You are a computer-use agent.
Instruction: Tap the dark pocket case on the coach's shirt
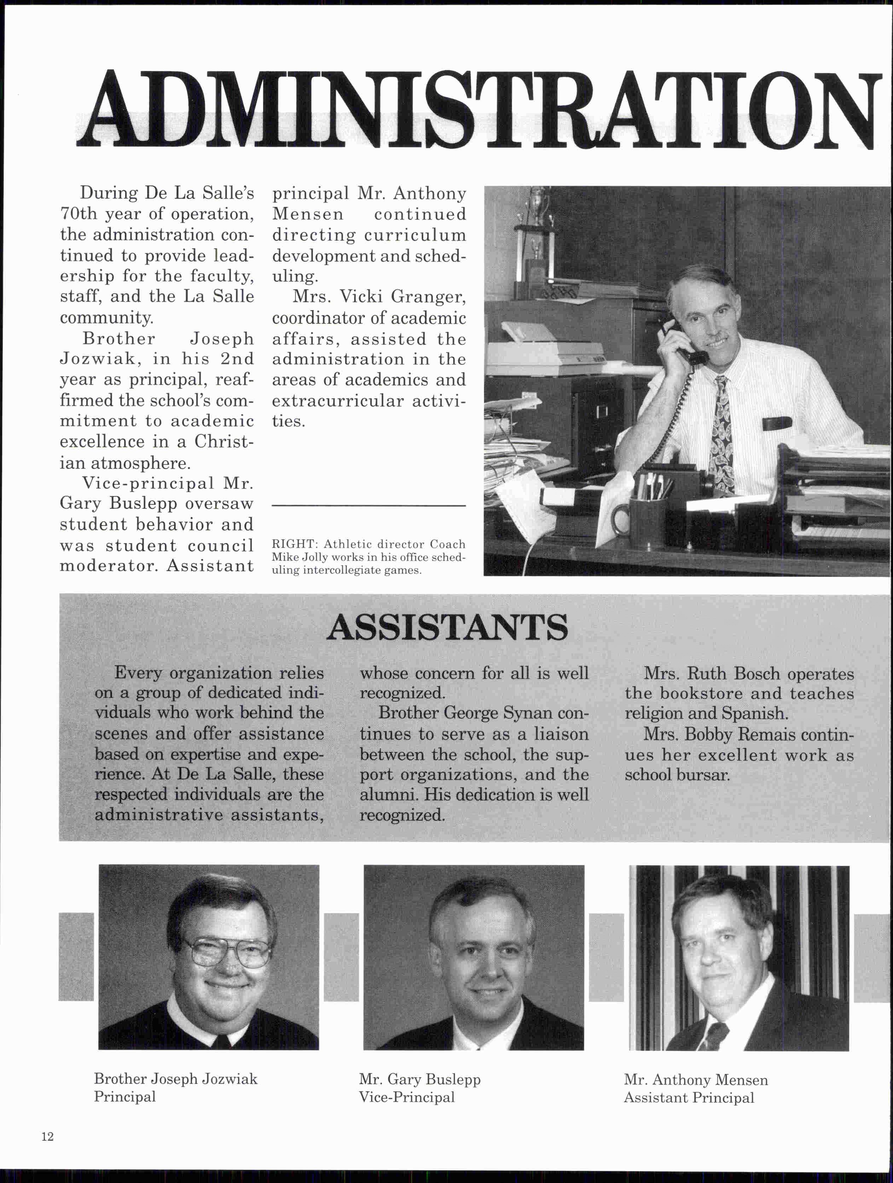[777, 424]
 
